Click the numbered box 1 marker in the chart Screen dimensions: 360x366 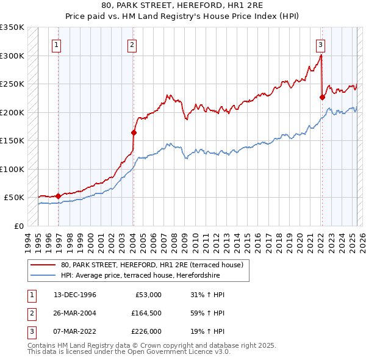click(x=56, y=43)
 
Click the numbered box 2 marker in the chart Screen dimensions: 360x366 click(x=132, y=43)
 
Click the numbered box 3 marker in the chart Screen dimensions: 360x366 click(x=320, y=43)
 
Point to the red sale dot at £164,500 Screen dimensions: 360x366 click(x=134, y=132)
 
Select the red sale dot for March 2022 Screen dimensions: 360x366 click(x=322, y=97)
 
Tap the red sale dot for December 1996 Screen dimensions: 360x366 click(x=59, y=196)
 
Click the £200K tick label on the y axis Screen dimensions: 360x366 click(x=12, y=112)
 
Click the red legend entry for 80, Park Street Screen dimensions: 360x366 click(x=152, y=265)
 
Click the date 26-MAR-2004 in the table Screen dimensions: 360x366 click(x=74, y=314)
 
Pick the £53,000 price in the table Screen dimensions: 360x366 click(x=148, y=295)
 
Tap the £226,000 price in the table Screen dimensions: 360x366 click(x=146, y=333)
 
